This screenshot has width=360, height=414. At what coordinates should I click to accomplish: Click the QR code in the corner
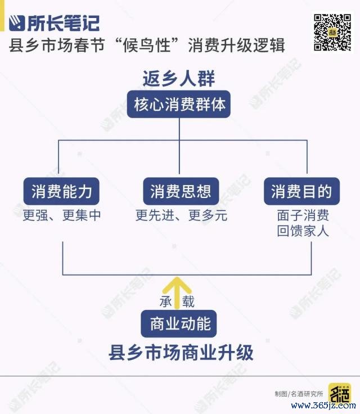[332, 32]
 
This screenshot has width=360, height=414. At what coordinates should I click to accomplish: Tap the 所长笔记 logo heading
[54, 23]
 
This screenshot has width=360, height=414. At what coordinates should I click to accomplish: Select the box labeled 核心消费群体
[179, 104]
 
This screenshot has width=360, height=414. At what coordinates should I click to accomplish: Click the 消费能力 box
[61, 191]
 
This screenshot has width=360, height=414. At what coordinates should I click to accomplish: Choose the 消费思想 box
[181, 191]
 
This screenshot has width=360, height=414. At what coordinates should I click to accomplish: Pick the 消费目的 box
[301, 191]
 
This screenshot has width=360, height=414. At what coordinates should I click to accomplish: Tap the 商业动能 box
[179, 323]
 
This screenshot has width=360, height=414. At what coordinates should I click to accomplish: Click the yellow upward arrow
[177, 293]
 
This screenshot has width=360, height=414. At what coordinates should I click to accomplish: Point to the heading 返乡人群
[179, 78]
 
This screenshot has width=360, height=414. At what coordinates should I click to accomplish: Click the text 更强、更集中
[61, 215]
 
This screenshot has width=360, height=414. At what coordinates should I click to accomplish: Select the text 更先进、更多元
[181, 215]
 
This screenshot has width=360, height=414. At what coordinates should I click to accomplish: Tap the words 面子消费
[303, 215]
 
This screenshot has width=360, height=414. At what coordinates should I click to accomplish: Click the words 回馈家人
[303, 231]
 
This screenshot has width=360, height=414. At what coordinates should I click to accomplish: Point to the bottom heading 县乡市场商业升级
[181, 353]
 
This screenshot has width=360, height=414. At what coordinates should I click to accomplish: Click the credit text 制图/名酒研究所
[299, 394]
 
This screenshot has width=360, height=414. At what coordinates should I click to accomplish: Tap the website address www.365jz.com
[323, 406]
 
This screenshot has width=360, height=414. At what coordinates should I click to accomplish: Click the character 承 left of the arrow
[166, 301]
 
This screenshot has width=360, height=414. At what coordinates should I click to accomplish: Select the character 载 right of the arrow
[188, 301]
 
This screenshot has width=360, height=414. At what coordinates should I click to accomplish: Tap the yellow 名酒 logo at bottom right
[340, 394]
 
